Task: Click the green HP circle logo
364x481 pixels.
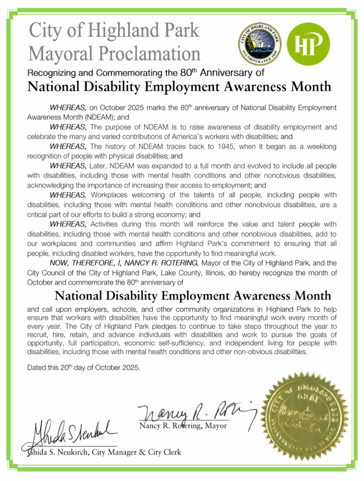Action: tap(308, 44)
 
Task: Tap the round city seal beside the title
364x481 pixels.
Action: tap(259, 45)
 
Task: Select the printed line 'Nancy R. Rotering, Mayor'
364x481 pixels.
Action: tap(183, 426)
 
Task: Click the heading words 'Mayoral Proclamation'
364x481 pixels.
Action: tap(114, 53)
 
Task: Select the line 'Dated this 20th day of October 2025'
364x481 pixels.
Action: tap(84, 367)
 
